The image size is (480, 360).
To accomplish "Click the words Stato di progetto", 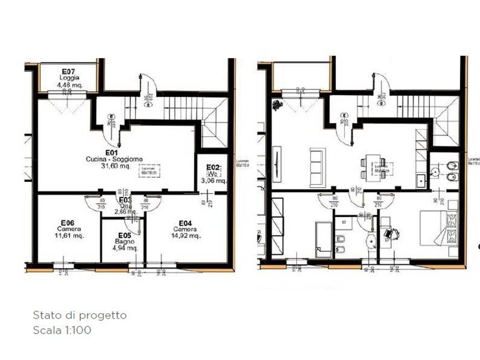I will [x=79, y=315].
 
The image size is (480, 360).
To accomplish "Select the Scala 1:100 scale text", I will [x=62, y=329].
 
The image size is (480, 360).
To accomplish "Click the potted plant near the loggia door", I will [x=276, y=106].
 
